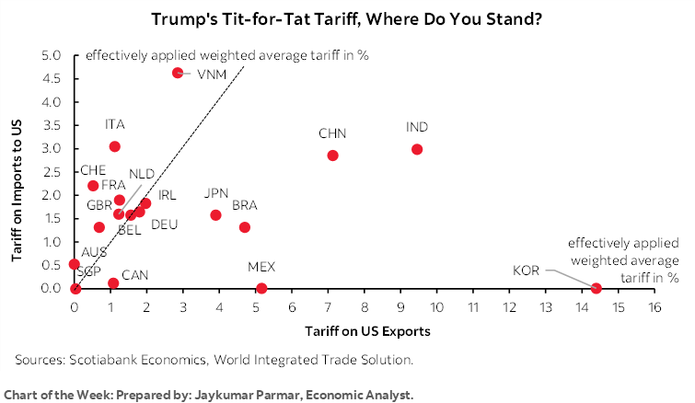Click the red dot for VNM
coord(178,73)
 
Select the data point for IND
coord(417,149)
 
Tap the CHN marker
coord(332,155)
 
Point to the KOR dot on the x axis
coord(596,288)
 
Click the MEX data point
coord(261,288)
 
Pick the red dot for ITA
coord(114,146)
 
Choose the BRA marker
coord(245,227)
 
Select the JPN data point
coord(215,215)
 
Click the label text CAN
coord(135,274)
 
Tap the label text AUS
coord(94,252)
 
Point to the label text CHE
coord(93,170)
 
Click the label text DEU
coord(164,225)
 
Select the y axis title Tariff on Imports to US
coord(17,172)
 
